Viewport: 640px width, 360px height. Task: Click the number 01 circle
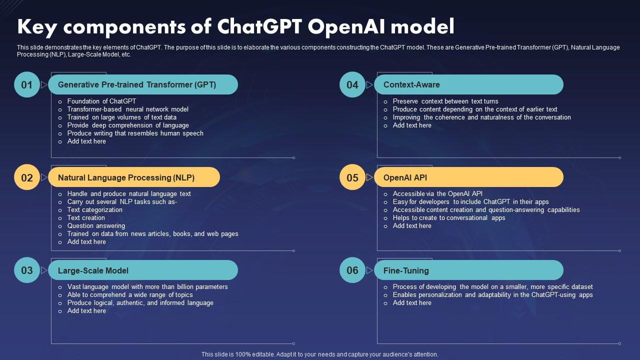pyautogui.click(x=27, y=84)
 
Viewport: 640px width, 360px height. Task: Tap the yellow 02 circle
pyautogui.click(x=27, y=177)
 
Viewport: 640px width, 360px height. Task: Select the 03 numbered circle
pyautogui.click(x=27, y=270)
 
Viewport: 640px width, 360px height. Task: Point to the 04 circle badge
pyautogui.click(x=352, y=84)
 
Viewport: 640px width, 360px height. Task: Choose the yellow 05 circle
pyautogui.click(x=352, y=177)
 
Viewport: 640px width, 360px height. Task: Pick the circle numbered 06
pyautogui.click(x=352, y=270)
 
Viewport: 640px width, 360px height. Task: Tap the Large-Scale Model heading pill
pyautogui.click(x=143, y=270)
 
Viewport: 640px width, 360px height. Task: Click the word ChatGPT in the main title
pyautogui.click(x=259, y=26)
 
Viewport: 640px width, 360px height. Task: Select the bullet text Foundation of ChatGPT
pyautogui.click(x=101, y=101)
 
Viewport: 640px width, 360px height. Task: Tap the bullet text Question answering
pyautogui.click(x=96, y=225)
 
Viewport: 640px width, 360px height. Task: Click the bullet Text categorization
pyautogui.click(x=95, y=209)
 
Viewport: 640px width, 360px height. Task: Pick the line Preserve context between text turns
pyautogui.click(x=445, y=101)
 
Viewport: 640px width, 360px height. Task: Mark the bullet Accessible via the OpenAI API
pyautogui.click(x=437, y=193)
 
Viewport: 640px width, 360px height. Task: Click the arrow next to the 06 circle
pyautogui.click(x=369, y=270)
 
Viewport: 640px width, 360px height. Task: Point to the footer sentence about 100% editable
pyautogui.click(x=319, y=354)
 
